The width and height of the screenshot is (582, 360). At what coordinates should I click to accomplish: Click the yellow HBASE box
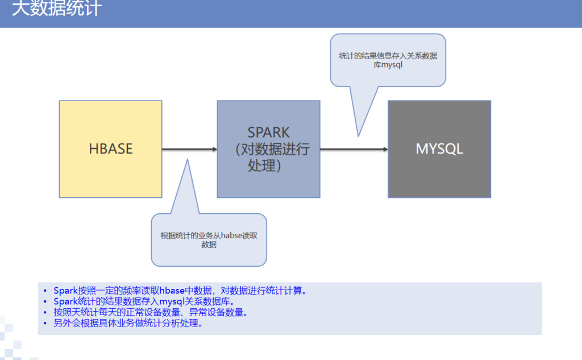pos(111,149)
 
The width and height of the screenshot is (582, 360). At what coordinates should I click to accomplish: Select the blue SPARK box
pos(269,149)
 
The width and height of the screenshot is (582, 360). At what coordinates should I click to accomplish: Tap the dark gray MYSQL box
pos(439,149)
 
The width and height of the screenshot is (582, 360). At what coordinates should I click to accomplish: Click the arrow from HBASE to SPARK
pos(190,150)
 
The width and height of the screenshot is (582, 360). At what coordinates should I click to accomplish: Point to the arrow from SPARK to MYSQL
pos(354,150)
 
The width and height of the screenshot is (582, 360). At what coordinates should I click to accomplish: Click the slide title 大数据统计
pos(57,8)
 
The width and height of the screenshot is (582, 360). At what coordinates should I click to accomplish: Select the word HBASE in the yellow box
pos(111,149)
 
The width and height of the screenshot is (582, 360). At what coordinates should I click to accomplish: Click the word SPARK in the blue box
pos(268,133)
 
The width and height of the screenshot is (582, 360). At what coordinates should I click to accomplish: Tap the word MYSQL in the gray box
pos(439,149)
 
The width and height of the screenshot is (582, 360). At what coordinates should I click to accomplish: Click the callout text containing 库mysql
pos(388,60)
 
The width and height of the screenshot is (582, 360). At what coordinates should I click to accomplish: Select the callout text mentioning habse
pos(209,240)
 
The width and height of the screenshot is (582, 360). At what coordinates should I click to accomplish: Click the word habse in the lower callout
pos(232,235)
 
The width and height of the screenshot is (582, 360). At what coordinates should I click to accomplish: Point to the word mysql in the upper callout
pos(392,65)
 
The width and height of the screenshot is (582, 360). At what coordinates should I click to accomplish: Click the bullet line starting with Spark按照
pos(180,291)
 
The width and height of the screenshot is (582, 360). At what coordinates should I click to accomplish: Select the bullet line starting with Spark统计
pos(144,301)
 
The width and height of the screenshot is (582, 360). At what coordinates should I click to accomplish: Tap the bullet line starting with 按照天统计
pos(150,312)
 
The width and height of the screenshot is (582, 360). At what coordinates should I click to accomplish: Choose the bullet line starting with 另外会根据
pos(128,323)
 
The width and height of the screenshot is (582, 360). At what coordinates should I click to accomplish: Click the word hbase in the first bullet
pos(172,291)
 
